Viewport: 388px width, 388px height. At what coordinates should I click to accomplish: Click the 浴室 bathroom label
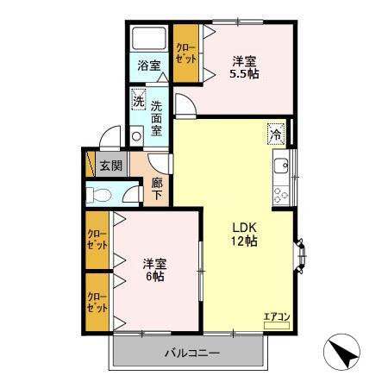pyautogui.click(x=148, y=66)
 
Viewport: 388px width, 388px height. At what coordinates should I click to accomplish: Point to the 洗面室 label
pyautogui.click(x=157, y=118)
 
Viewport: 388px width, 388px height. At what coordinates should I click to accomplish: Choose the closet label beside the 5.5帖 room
pyautogui.click(x=185, y=54)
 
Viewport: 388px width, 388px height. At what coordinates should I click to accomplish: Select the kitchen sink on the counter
pyautogui.click(x=280, y=165)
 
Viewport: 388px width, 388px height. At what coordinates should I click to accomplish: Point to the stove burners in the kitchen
pyautogui.click(x=280, y=193)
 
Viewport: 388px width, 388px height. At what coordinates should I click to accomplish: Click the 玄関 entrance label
pyautogui.click(x=109, y=166)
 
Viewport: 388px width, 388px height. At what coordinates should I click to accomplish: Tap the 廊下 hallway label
pyautogui.click(x=157, y=189)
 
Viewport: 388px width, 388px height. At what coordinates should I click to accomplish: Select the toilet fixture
pyautogui.click(x=102, y=196)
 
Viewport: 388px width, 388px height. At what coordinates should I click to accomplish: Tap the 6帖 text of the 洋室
pyautogui.click(x=155, y=278)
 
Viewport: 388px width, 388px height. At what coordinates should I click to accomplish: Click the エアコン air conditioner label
pyautogui.click(x=277, y=316)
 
